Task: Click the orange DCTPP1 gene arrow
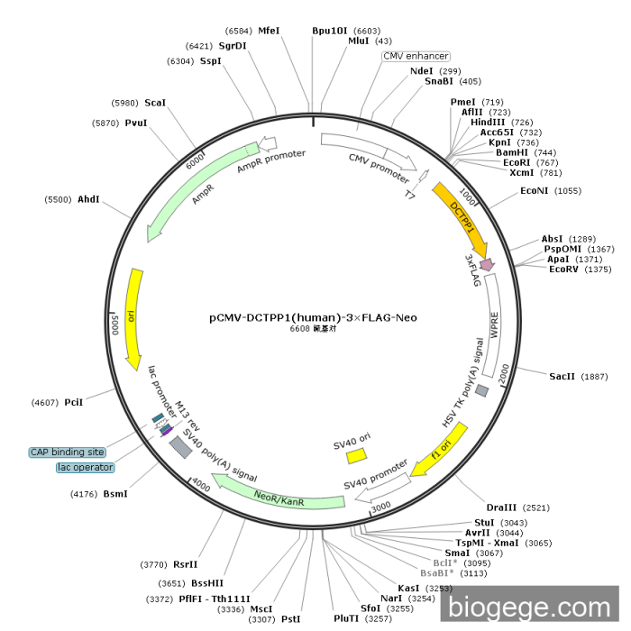462,220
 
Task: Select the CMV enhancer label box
416,56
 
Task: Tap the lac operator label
86,467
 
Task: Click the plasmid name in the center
313,317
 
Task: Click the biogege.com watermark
530,608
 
